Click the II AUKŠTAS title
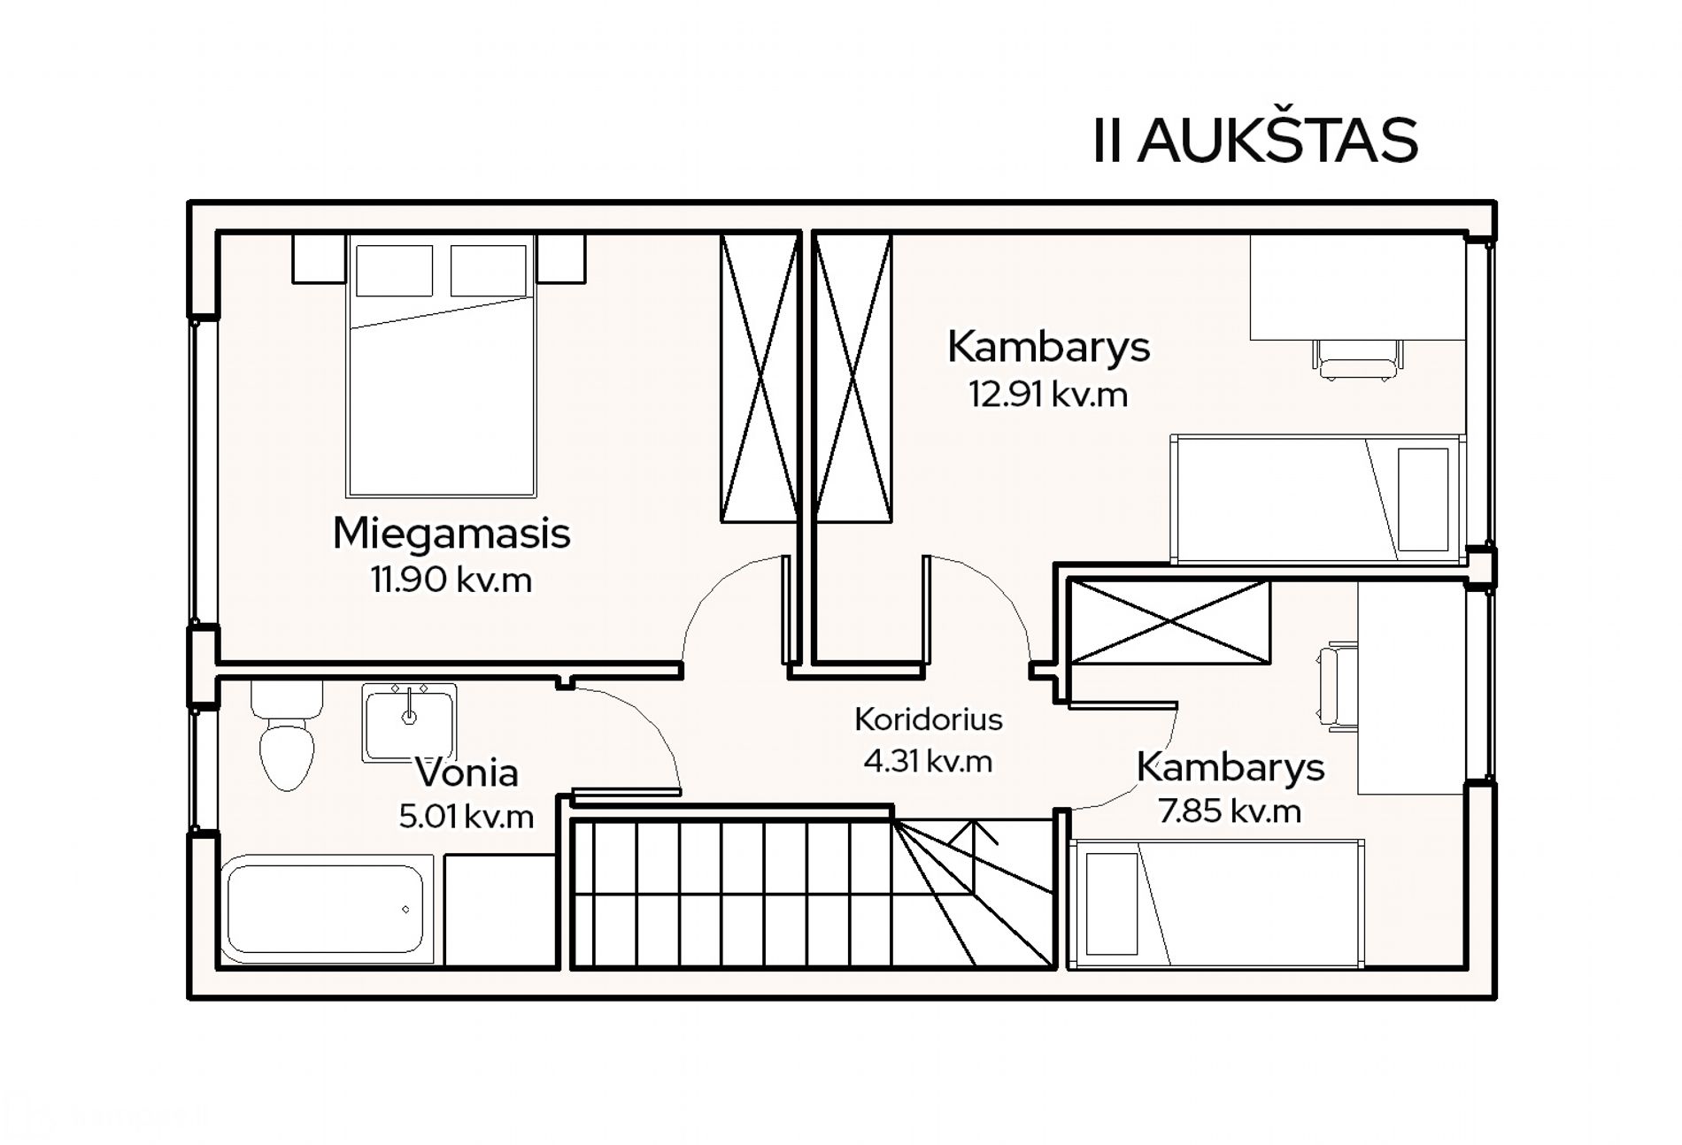tap(1255, 140)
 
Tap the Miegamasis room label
tap(451, 534)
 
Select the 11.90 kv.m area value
tap(451, 580)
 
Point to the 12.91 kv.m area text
tap(1049, 395)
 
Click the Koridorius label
tap(929, 719)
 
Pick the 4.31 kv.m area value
tap(929, 762)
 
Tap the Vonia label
tap(467, 772)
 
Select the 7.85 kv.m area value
tap(1231, 811)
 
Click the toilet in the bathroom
tap(286, 734)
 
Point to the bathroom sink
tap(409, 722)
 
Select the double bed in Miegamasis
tap(441, 365)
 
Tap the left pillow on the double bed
tap(394, 271)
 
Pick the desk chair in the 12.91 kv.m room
tap(1357, 359)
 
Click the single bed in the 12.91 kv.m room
tap(1318, 499)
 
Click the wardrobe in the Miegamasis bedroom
tap(760, 377)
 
